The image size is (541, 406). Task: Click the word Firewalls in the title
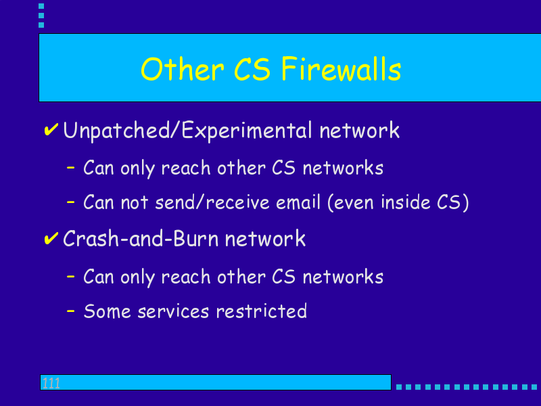pos(341,70)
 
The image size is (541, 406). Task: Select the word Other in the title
pos(182,70)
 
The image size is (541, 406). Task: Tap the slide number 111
pos(51,383)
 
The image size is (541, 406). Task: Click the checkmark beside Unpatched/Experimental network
pos(51,129)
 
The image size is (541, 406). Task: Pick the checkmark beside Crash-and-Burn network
pos(51,238)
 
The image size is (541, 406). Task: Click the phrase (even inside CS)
pos(398,202)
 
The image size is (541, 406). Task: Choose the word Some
pos(108,311)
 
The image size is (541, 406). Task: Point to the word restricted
pos(262,311)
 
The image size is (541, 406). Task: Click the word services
pos(173,311)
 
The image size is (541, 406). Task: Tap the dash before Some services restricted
pos(71,311)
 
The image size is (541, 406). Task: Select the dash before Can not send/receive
pos(71,202)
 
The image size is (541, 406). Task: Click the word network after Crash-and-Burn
pos(265,238)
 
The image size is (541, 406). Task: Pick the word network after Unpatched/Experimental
pos(360,130)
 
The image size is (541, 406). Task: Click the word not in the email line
pos(135,202)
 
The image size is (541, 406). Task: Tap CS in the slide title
pos(252,70)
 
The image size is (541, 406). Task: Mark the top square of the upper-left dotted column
pos(41,6)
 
